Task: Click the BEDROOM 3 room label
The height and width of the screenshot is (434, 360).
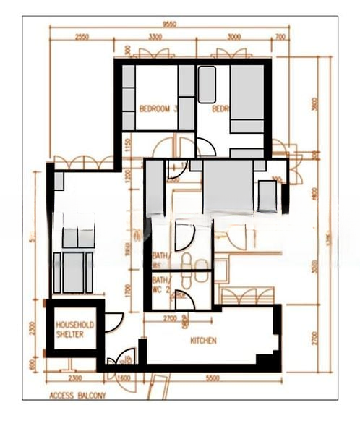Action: pyautogui.click(x=158, y=109)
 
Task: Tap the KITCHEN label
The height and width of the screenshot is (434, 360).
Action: pyautogui.click(x=204, y=341)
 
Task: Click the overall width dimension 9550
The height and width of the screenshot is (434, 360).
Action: pyautogui.click(x=169, y=23)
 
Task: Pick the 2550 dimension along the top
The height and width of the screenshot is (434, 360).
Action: pyautogui.click(x=82, y=36)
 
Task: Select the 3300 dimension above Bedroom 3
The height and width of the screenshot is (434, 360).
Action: pyautogui.click(x=155, y=36)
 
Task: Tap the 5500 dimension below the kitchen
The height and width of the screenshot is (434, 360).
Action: pyautogui.click(x=212, y=378)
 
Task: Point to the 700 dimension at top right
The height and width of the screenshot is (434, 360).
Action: pyautogui.click(x=280, y=36)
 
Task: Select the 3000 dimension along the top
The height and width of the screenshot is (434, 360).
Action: pyautogui.click(x=233, y=36)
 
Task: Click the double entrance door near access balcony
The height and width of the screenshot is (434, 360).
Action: pyautogui.click(x=121, y=359)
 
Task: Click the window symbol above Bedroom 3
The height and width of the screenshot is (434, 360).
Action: pyautogui.click(x=155, y=54)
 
